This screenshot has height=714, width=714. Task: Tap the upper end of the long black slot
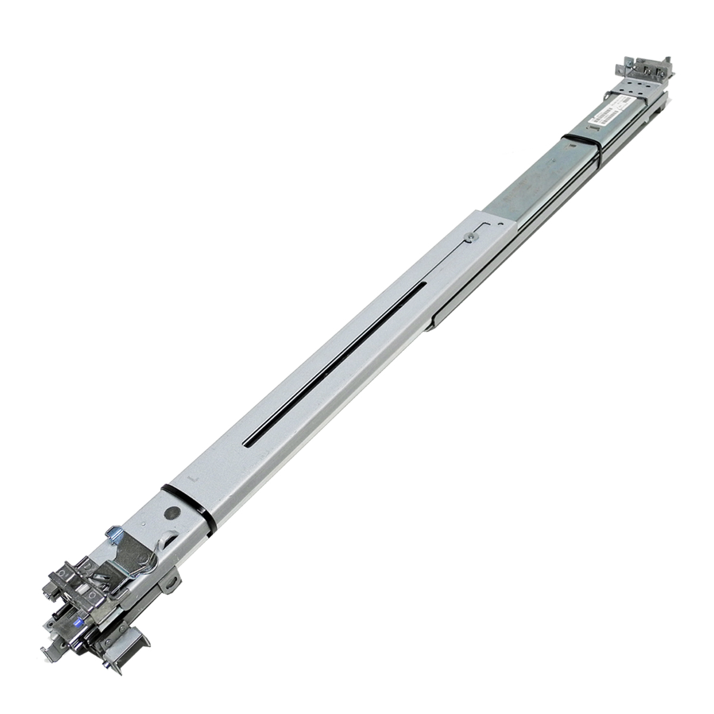click(424, 286)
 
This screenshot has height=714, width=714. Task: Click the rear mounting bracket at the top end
click(646, 68)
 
